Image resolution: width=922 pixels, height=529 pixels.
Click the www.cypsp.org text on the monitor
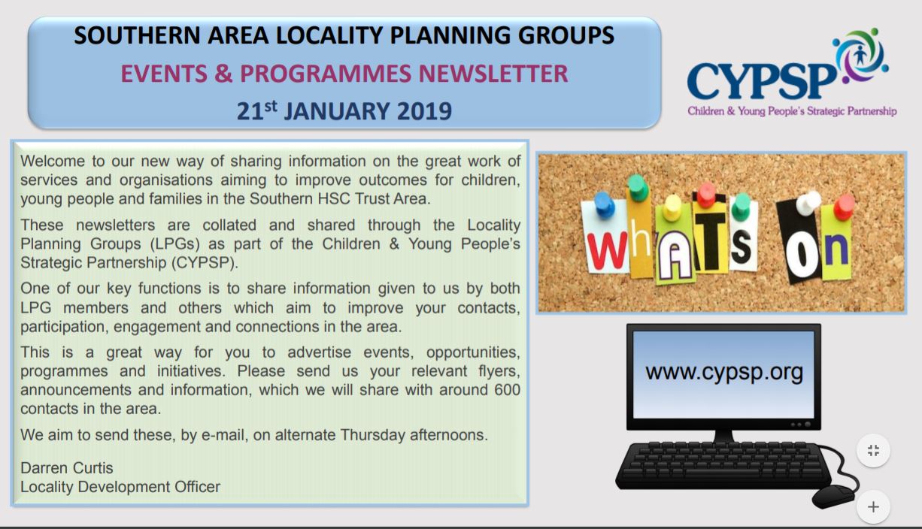[724, 371]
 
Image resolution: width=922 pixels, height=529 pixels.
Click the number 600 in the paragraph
[504, 391]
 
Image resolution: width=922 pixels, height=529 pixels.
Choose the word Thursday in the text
[378, 435]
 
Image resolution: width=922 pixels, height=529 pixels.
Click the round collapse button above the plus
[873, 451]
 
